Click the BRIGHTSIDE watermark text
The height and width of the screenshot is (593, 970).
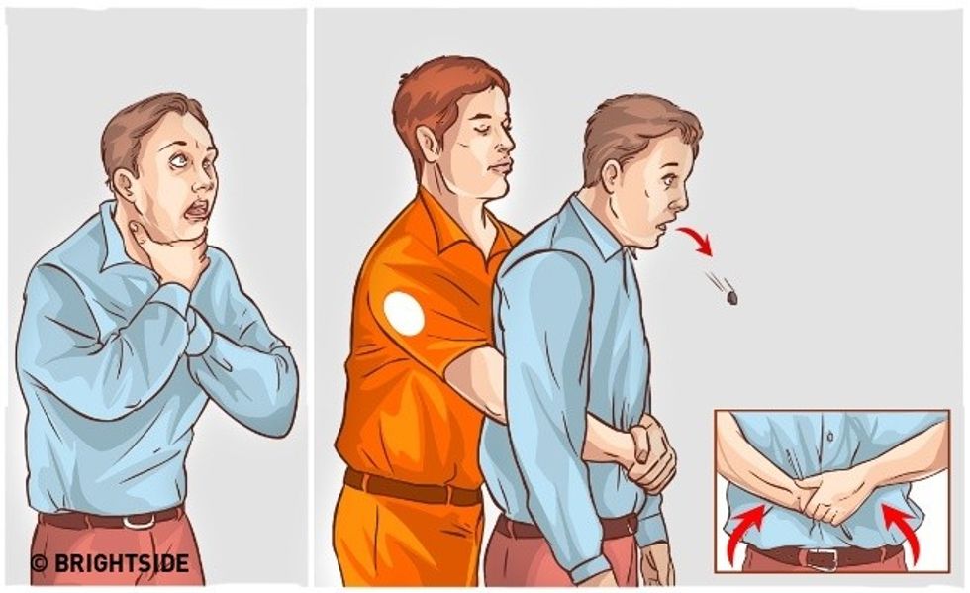coord(121,562)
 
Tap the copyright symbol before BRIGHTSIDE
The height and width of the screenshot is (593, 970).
coord(39,563)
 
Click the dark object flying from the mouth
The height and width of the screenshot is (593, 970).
coord(731,298)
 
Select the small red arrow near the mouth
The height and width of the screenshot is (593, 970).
coord(696,241)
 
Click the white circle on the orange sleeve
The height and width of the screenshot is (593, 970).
coord(404,313)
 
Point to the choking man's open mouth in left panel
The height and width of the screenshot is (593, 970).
coord(197,211)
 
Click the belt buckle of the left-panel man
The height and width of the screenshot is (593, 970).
coord(139,521)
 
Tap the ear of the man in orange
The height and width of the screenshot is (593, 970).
coord(427,146)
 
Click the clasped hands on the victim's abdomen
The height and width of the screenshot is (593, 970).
coord(649,455)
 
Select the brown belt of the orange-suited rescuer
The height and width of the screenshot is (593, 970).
coord(411,487)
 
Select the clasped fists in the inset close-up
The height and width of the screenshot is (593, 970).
coord(825,496)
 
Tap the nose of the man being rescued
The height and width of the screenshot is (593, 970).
coord(681,198)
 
